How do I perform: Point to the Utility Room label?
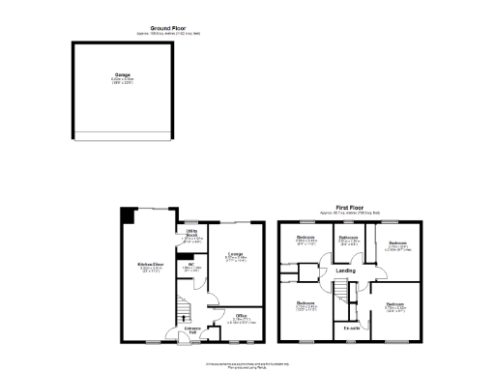(191, 233)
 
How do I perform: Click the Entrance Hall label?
(192, 330)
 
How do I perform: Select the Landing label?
(345, 270)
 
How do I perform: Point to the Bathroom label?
(348, 238)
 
